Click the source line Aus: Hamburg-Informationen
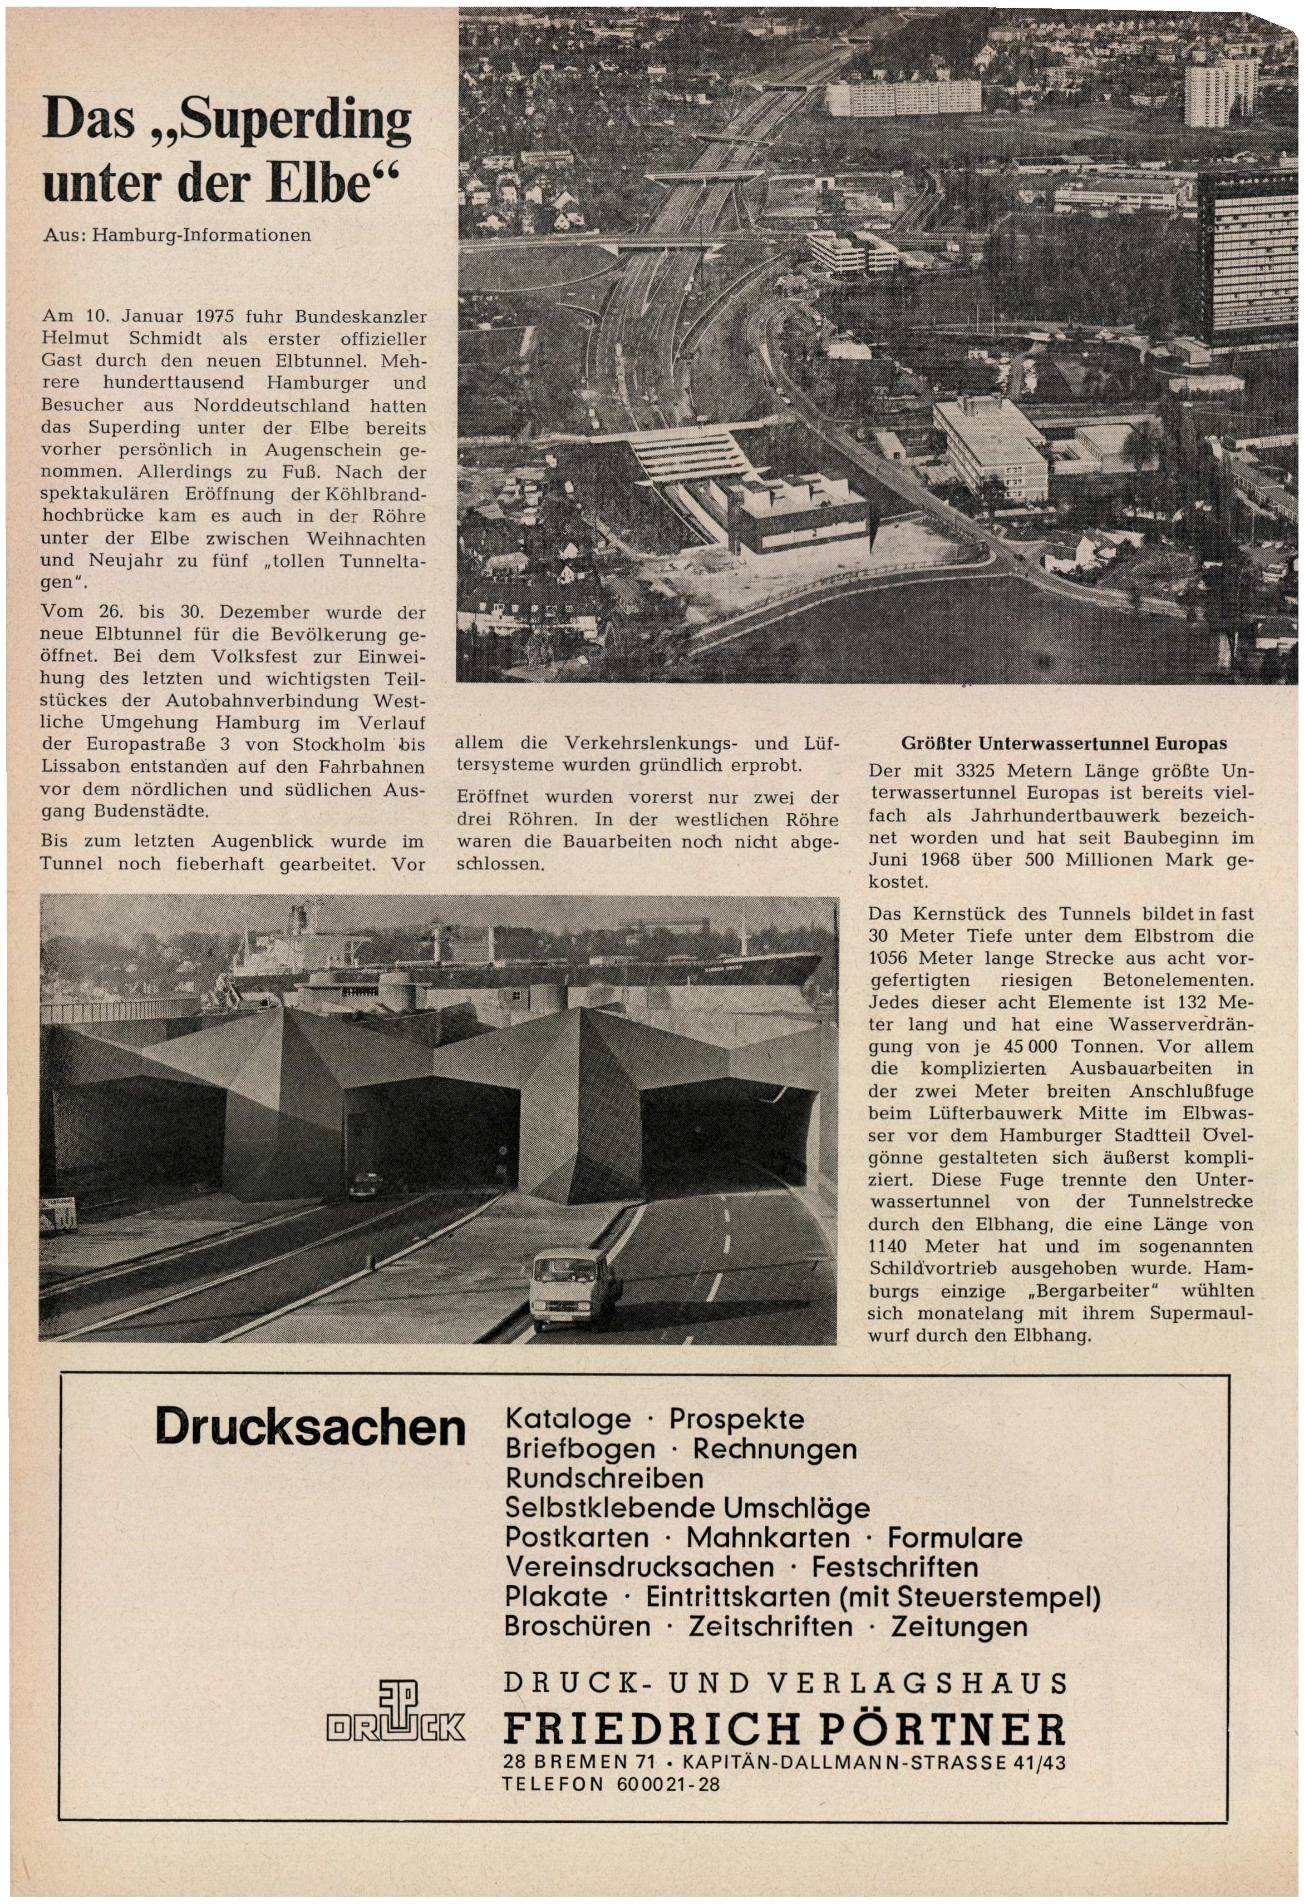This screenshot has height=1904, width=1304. click(x=177, y=235)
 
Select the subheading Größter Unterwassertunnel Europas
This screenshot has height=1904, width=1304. click(x=1064, y=744)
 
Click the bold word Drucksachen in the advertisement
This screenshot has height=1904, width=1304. click(x=310, y=1427)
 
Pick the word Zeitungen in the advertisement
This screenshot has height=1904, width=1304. click(x=959, y=1626)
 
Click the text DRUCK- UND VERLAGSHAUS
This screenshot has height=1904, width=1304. click(x=784, y=1684)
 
